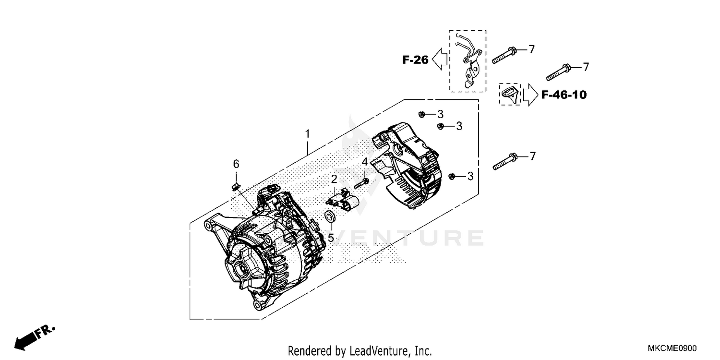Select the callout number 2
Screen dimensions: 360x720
(334, 179)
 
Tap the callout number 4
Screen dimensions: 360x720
(365, 162)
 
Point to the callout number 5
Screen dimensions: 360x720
(331, 238)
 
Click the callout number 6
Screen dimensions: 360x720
(236, 164)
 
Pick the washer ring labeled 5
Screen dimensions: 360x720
(330, 217)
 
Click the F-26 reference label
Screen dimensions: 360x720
(415, 60)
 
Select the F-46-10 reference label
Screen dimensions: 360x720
(564, 95)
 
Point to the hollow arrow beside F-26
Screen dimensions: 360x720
(440, 60)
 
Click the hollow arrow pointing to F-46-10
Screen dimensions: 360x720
(530, 95)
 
